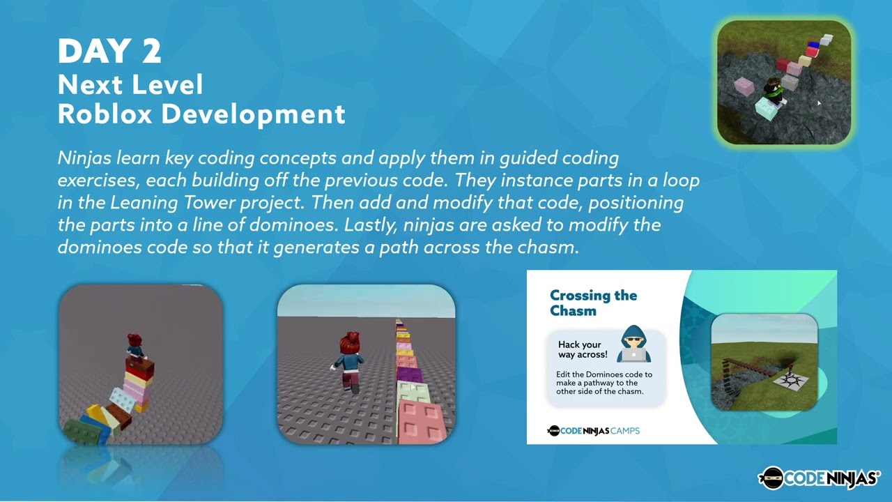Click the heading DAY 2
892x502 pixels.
coord(109,52)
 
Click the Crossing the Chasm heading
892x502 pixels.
coord(592,303)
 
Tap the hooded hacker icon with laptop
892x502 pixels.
coord(633,344)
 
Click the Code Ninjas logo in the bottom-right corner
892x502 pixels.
coord(818,478)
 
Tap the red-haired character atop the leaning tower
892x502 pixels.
coord(135,347)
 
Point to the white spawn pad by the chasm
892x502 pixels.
coord(792,380)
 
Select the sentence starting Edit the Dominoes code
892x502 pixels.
coord(604,383)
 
